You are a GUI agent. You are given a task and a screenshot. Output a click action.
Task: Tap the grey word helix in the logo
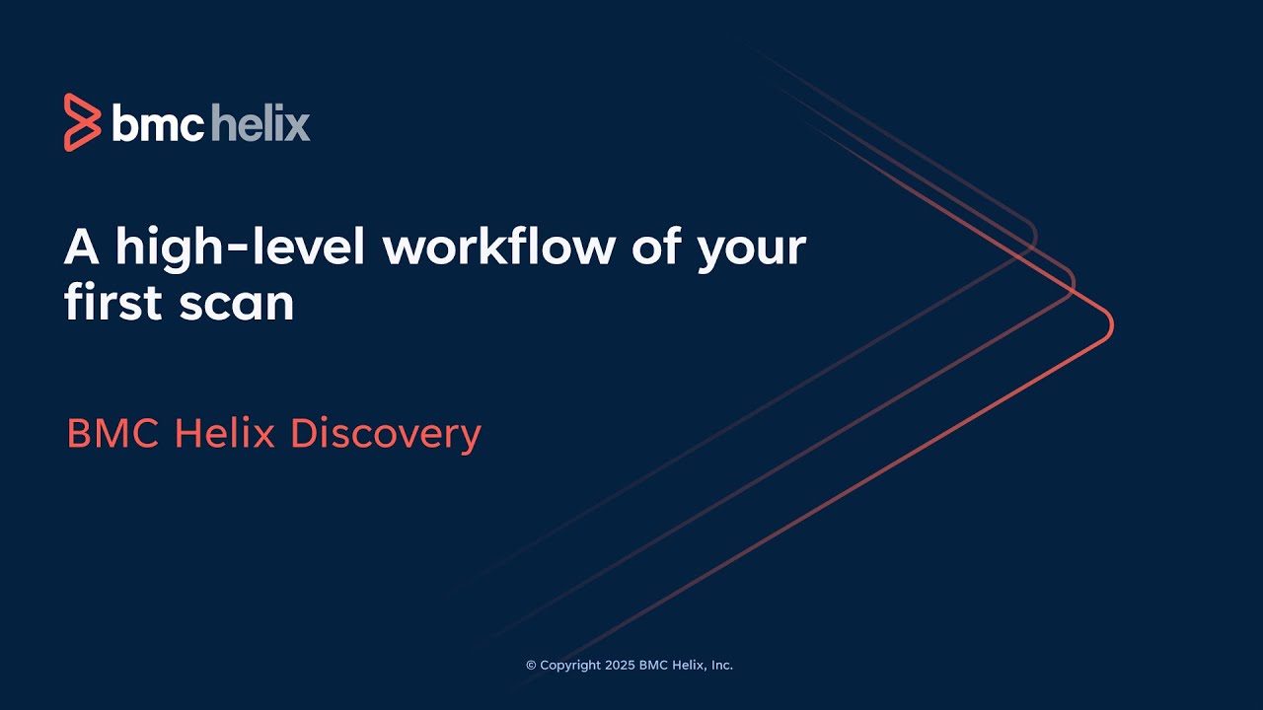[x=260, y=124]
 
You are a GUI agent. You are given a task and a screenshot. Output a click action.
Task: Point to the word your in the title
[x=751, y=248]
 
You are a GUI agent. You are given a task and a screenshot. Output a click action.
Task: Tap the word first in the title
[x=111, y=303]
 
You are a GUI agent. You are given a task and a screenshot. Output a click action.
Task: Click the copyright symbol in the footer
[x=531, y=666]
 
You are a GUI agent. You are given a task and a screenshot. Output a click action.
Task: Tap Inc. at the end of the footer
[x=721, y=666]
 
